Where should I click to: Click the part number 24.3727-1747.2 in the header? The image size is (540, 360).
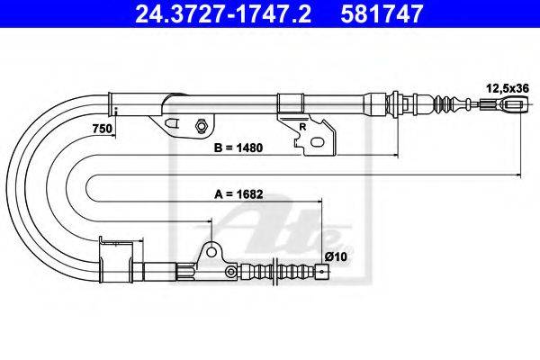point(223,13)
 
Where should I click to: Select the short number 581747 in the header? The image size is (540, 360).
point(382,13)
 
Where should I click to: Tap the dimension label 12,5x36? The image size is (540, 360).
point(508,88)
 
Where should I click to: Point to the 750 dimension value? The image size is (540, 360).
point(103,129)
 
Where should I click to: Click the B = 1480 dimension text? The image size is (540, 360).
point(238,148)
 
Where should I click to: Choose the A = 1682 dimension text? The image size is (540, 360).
point(238,194)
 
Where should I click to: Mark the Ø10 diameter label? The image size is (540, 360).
point(336,256)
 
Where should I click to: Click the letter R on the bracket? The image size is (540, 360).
point(302,127)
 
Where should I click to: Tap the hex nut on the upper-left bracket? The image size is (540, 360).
point(201,125)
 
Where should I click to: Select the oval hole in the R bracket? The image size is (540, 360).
point(317,141)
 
